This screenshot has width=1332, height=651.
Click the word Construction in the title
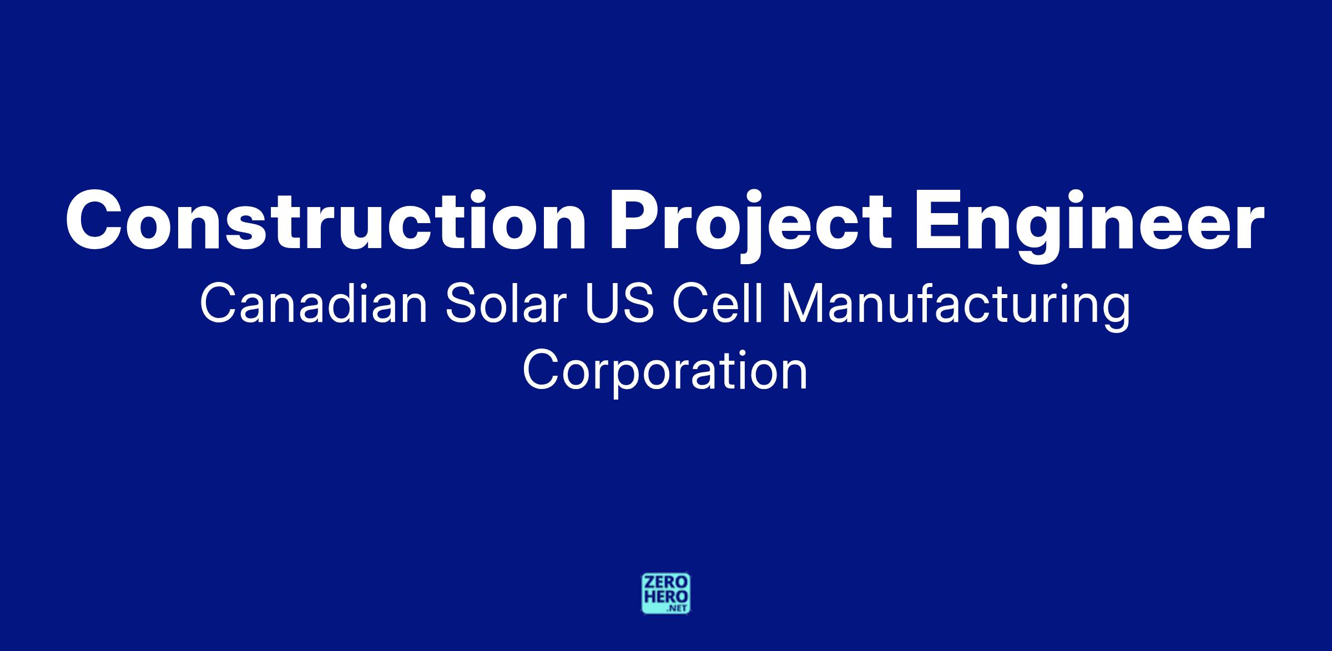[x=326, y=221]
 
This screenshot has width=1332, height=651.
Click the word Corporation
[x=665, y=374]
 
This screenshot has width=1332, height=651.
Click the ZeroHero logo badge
[x=666, y=593]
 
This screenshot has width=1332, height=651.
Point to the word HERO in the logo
[x=666, y=597]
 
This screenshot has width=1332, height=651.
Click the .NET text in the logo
[x=678, y=608]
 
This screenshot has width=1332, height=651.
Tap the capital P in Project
[x=635, y=221]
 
